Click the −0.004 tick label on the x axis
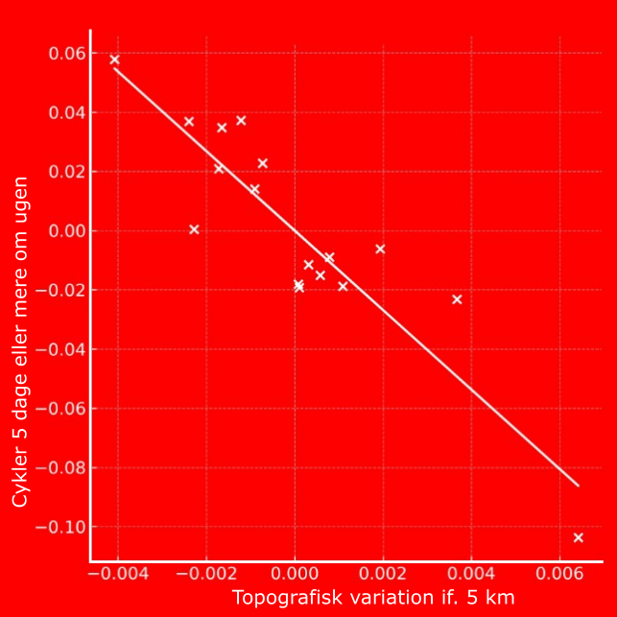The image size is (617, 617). pos(113,574)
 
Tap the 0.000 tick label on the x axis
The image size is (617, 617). pos(295,574)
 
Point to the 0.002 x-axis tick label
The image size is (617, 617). pos(383,574)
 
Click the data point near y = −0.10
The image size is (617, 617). pos(579,537)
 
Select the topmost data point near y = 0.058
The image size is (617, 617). pos(115,59)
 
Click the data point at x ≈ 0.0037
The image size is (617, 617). pos(457,299)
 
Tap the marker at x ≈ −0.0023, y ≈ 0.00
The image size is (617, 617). pos(194,229)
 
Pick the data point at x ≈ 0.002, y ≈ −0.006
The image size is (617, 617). pos(380,249)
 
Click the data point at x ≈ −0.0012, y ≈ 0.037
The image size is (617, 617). pos(241,121)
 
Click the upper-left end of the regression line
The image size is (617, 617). pos(115,69)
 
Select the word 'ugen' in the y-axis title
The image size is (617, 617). pos(20,203)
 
